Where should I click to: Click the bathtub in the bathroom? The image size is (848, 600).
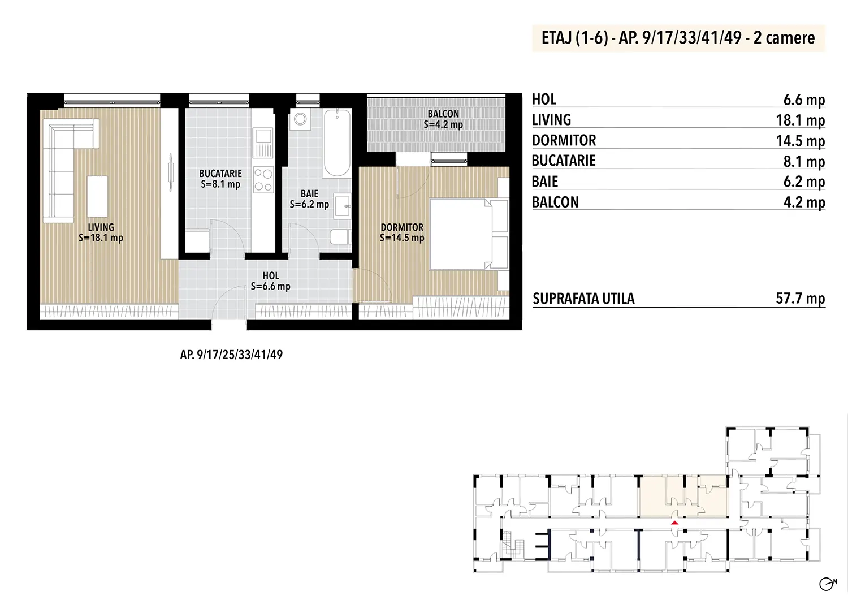coord(337,143)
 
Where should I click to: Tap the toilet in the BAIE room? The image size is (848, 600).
coord(340,237)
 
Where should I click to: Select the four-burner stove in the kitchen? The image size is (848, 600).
coord(263,179)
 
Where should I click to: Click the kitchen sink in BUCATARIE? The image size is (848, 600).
coord(263,143)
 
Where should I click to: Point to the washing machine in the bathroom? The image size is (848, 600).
coord(301,119)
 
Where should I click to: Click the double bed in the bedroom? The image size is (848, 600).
coord(469,234)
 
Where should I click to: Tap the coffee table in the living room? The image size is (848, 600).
coord(97,196)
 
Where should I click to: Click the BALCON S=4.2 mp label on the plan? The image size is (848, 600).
coord(443,119)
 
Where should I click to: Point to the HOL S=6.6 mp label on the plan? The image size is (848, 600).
coord(271,280)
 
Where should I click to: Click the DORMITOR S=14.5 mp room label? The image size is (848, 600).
coord(402,232)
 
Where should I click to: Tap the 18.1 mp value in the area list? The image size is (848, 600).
coord(801,120)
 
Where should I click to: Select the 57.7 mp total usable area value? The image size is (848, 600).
coord(801,299)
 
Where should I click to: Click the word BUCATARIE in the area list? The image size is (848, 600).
coord(564,161)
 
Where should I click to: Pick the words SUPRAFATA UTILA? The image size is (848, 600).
coord(583,299)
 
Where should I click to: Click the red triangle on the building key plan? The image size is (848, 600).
coord(674,523)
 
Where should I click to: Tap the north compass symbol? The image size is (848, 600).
coord(828,584)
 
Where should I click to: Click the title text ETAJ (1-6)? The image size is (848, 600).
coord(575,38)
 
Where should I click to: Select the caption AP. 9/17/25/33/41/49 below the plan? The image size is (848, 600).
coord(231,355)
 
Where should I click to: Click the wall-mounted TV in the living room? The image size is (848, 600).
coord(171,172)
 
